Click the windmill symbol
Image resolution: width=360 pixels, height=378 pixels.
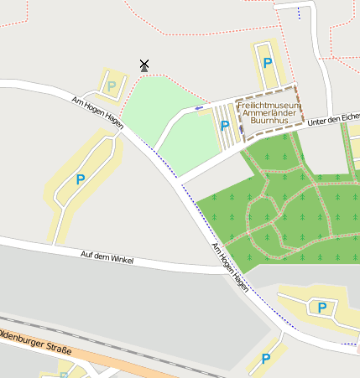click(x=144, y=65)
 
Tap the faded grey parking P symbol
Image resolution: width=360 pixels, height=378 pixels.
click(x=111, y=85)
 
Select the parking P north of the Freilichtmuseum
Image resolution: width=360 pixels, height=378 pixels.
click(x=268, y=62)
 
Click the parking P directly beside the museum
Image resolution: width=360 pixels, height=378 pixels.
click(x=224, y=126)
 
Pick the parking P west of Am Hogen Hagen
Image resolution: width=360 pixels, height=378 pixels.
click(x=81, y=179)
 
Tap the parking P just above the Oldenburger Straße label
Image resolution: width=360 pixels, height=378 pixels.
click(x=321, y=308)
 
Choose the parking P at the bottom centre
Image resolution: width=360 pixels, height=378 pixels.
click(x=266, y=359)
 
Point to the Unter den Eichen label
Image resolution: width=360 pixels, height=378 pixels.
click(x=333, y=121)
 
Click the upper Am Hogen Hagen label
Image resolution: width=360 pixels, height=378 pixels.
click(x=97, y=111)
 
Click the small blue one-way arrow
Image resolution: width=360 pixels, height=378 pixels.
click(x=198, y=108)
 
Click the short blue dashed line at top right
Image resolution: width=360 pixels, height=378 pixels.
click(x=298, y=13)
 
